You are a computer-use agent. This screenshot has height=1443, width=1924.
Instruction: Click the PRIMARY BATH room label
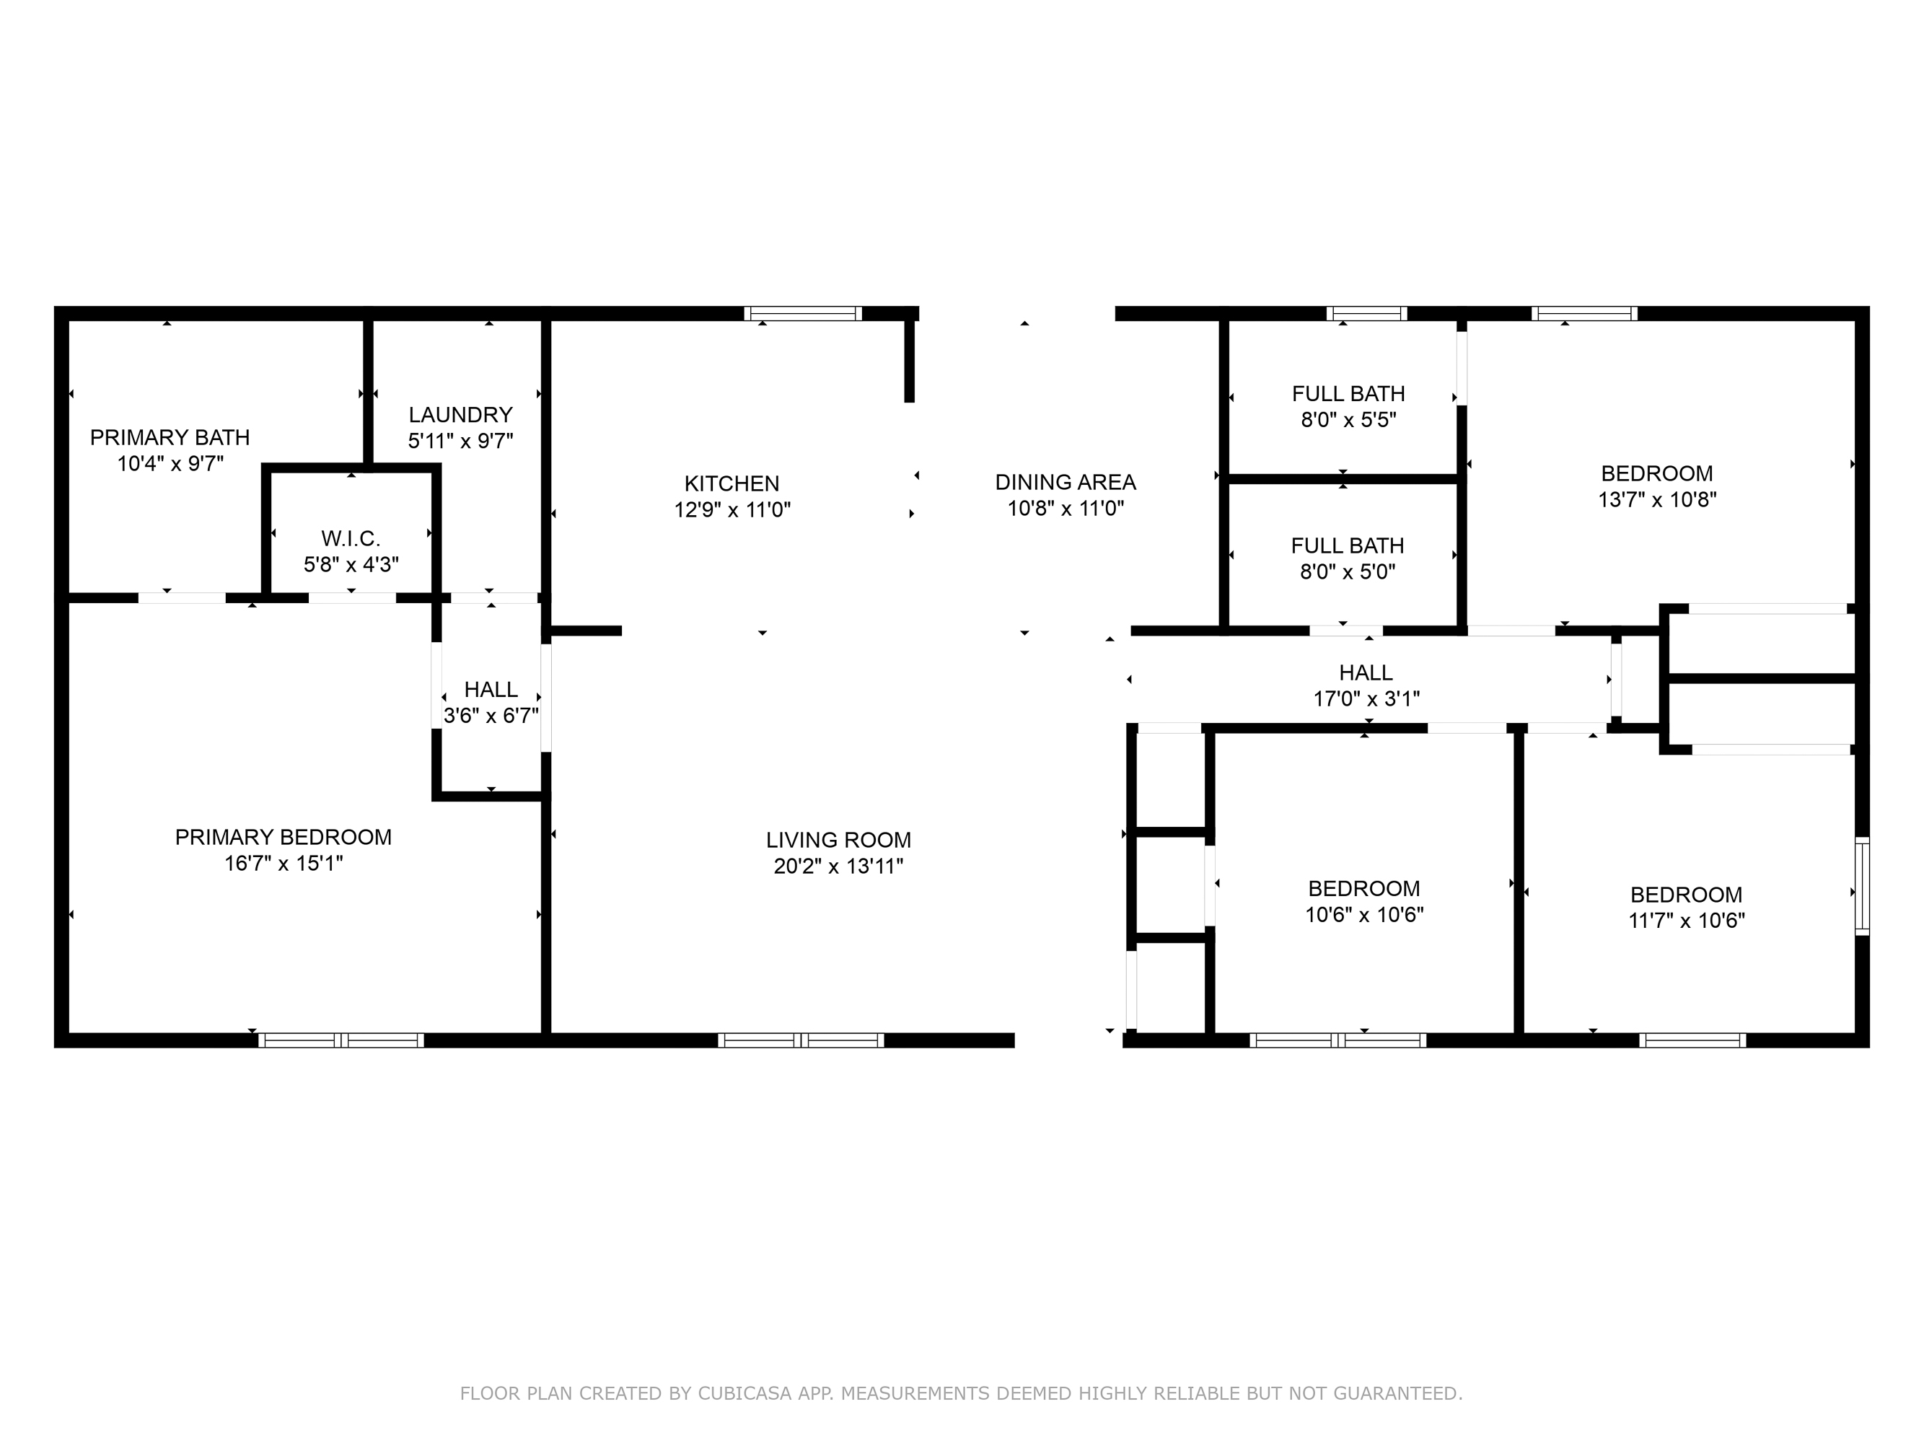pos(170,437)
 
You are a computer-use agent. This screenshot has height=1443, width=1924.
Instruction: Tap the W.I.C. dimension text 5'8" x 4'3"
pos(351,564)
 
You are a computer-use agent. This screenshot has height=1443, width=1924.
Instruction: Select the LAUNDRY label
pos(460,415)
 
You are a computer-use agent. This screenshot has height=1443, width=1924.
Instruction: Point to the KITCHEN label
pos(732,483)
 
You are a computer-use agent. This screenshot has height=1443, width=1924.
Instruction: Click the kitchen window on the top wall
pos(803,314)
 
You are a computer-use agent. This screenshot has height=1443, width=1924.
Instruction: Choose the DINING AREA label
pos(1065,482)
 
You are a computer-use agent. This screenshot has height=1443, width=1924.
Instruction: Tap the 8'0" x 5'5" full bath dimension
pos(1348,420)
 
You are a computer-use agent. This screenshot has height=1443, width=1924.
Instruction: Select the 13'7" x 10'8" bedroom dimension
pos(1656,499)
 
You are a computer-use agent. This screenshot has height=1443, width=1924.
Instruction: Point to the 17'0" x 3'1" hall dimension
pos(1366,698)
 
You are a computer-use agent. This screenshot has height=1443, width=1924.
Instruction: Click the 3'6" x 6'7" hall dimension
pos(491,716)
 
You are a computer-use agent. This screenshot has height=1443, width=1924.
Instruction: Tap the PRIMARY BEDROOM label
pos(283,837)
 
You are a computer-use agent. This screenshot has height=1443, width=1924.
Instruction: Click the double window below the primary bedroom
pos(341,1040)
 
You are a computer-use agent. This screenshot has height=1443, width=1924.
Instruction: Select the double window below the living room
pos(800,1040)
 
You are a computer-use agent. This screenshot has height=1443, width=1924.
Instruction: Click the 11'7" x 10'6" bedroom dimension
pos(1686,920)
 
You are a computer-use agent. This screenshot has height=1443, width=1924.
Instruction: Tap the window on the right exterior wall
pos(1861,885)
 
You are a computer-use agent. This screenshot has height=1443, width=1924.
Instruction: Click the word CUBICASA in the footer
pos(744,1393)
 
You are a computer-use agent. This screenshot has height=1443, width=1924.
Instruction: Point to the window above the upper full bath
pos(1366,314)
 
